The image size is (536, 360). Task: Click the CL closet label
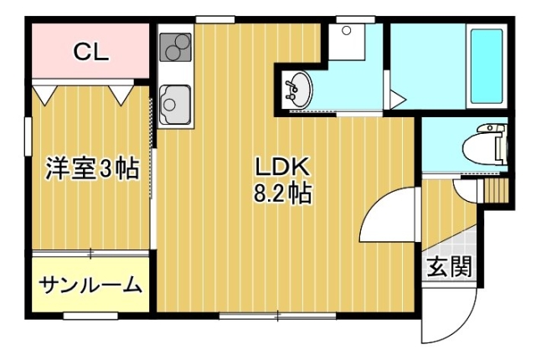(x=91, y=52)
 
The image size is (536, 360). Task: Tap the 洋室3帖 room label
(x=93, y=168)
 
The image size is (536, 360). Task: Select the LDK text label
(x=282, y=167)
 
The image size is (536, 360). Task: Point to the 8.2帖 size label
(x=282, y=193)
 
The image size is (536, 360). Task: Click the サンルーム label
(x=90, y=285)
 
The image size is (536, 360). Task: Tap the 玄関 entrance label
(x=450, y=266)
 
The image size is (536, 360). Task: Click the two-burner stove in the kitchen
(x=175, y=47)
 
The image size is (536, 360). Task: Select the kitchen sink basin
(x=175, y=105)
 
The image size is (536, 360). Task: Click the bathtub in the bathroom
(x=487, y=66)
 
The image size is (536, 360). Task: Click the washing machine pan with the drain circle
(x=346, y=42)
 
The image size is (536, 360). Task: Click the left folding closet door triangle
(x=44, y=95)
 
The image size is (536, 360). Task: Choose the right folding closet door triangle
(x=121, y=95)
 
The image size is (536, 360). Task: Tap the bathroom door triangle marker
(x=396, y=99)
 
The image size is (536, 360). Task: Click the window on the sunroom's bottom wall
(x=90, y=316)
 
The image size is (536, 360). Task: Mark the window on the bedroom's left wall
(x=28, y=136)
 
